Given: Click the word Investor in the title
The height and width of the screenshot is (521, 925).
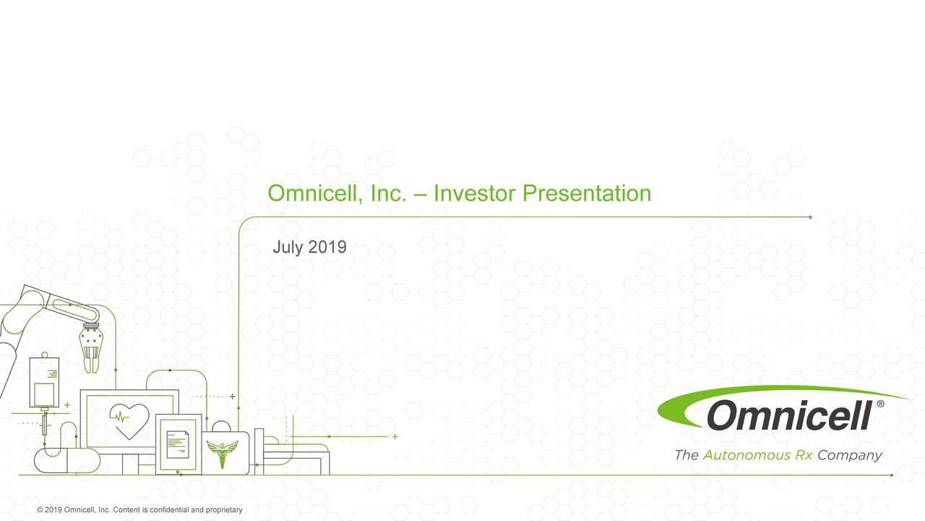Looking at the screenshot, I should (x=475, y=193).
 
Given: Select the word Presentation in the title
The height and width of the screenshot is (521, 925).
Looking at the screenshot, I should (x=587, y=193).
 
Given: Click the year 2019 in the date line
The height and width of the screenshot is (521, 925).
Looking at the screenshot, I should (x=327, y=247).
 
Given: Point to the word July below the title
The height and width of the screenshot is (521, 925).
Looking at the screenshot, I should (x=288, y=247).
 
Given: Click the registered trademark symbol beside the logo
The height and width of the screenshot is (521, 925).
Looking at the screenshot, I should (x=879, y=405).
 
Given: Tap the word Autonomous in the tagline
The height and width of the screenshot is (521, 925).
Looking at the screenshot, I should (x=747, y=456).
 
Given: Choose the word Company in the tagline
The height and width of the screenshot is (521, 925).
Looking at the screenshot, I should (x=850, y=456).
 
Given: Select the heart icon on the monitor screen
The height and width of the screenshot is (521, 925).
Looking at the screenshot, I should (x=129, y=420).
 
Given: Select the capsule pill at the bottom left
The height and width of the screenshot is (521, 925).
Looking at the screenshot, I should (x=67, y=461).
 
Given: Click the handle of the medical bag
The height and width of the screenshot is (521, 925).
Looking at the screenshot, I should (x=222, y=425).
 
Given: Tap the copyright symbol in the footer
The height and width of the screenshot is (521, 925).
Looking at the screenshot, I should (x=40, y=510).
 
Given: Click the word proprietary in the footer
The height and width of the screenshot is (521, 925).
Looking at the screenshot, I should (x=224, y=510).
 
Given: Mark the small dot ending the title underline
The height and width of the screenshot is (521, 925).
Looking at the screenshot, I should (x=810, y=216).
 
